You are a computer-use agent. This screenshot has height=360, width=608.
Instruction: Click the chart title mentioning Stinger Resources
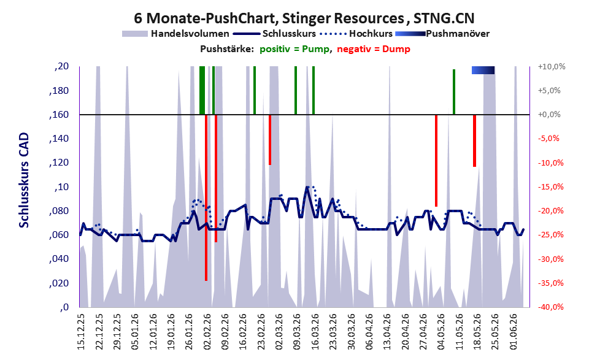click(x=304, y=18)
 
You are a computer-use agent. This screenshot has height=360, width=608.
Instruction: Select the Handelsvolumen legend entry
click(x=175, y=34)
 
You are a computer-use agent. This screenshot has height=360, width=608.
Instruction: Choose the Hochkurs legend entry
click(x=356, y=34)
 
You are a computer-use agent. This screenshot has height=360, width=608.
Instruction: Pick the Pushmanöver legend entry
click(x=442, y=34)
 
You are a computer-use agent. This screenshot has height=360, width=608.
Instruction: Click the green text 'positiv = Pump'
click(x=295, y=49)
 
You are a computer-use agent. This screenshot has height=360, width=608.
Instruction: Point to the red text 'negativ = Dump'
click(x=374, y=49)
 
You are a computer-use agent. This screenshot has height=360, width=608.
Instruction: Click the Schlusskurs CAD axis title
click(x=24, y=180)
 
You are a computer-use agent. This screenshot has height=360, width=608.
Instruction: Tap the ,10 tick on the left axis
click(x=62, y=187)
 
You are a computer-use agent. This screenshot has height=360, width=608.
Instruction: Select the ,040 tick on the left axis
click(x=59, y=259)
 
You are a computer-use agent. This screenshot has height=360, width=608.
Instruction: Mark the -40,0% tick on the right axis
click(x=550, y=307)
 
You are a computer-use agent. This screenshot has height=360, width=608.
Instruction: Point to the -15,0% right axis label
click(x=550, y=187)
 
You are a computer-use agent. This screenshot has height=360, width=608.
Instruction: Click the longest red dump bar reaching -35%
click(x=206, y=197)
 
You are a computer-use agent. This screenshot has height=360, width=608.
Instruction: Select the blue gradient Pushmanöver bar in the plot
click(x=483, y=70)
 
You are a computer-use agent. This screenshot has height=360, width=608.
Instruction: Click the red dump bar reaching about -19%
click(x=436, y=161)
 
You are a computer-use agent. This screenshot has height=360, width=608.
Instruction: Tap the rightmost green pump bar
click(x=454, y=92)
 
